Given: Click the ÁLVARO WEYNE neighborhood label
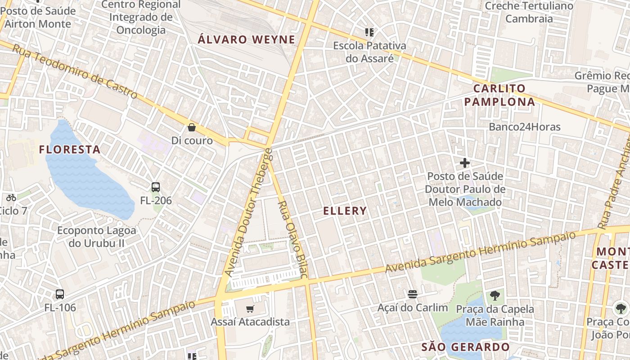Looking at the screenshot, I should (x=247, y=40).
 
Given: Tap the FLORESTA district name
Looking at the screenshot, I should (x=70, y=149).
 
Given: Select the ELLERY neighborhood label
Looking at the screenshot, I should (x=345, y=211).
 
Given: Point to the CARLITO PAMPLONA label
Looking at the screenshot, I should (x=499, y=95).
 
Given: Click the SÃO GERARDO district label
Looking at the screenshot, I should (x=465, y=347).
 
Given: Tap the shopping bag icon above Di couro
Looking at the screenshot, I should (x=192, y=127).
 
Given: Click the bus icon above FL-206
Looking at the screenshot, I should (x=156, y=187).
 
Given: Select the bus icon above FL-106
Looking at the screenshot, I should (x=60, y=294).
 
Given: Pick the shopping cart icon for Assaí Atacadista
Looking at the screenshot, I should (x=250, y=309).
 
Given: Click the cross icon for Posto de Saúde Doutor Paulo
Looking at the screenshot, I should (x=465, y=162).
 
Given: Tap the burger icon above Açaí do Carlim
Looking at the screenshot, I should (x=413, y=294).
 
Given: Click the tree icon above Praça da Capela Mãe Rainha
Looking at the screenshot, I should (x=495, y=296).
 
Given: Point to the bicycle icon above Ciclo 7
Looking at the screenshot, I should (x=11, y=197).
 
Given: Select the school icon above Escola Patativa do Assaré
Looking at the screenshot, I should (x=369, y=32).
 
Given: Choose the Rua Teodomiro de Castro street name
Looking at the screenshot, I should (x=74, y=71).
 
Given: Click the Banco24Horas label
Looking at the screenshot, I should (x=525, y=127).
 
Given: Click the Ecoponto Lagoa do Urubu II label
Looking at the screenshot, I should (x=96, y=237).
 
